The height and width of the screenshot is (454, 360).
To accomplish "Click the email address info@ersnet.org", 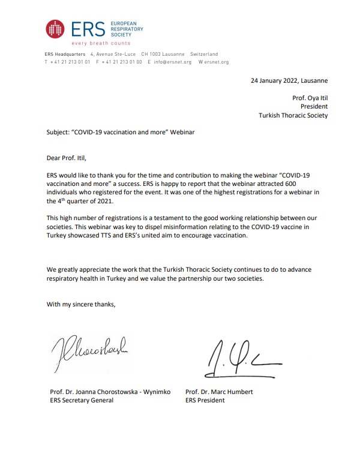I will (172, 62).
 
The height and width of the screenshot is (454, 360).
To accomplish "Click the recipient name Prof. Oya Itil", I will (310, 98).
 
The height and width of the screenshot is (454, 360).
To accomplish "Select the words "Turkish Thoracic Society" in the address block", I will (293, 115).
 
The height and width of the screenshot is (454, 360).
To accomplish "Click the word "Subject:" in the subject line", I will (59, 132).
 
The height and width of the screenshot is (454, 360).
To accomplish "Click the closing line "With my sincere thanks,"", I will (81, 304).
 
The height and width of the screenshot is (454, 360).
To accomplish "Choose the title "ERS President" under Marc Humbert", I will (205, 401).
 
